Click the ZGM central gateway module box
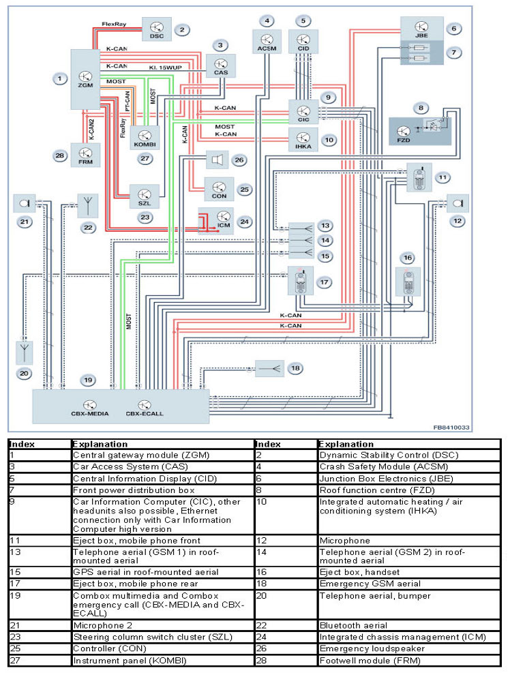pyautogui.click(x=86, y=78)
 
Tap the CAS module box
pyautogui.click(x=220, y=66)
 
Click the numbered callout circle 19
pyautogui.click(x=87, y=379)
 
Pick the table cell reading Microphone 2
pyautogui.click(x=103, y=625)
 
